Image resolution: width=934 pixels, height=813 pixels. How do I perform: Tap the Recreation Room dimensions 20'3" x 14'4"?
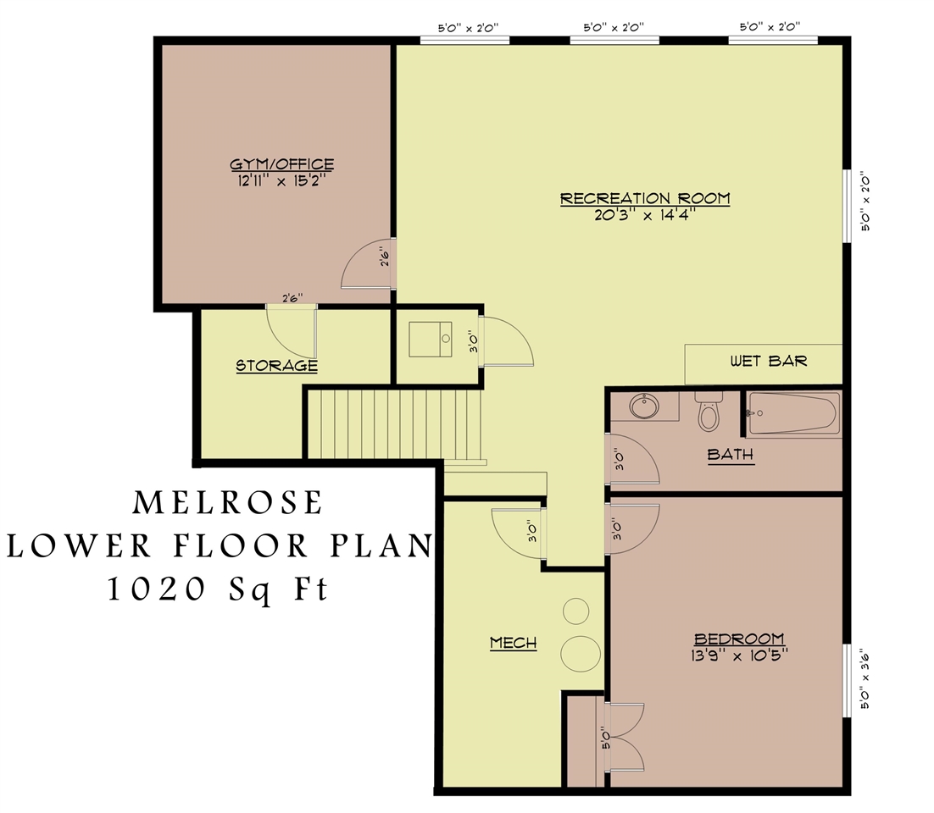click(x=644, y=215)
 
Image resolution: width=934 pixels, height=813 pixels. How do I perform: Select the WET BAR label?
click(x=768, y=362)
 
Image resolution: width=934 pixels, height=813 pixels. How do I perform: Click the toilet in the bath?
click(x=708, y=412)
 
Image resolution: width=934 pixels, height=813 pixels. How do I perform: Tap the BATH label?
click(x=730, y=455)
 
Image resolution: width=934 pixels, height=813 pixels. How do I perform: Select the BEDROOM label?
click(x=738, y=639)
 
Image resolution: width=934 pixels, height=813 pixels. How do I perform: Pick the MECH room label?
click(x=513, y=643)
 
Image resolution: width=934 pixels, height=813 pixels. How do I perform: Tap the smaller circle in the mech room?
click(x=576, y=611)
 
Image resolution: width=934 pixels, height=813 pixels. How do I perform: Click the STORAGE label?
click(x=276, y=366)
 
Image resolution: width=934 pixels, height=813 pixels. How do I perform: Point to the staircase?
click(x=394, y=423)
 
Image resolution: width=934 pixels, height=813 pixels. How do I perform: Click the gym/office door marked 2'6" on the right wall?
click(x=367, y=264)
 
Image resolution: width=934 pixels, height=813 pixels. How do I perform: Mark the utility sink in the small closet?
click(x=431, y=340)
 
